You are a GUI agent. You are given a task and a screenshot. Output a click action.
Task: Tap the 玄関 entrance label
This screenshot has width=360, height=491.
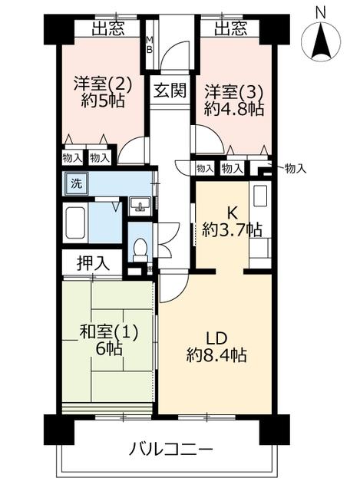[x=170, y=91]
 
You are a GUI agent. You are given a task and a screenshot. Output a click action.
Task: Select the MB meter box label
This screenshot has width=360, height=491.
[x=150, y=44]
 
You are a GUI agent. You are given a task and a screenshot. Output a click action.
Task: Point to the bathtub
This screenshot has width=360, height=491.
[x=75, y=222]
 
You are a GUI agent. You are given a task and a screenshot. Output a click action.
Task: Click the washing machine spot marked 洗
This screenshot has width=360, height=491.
[x=76, y=183]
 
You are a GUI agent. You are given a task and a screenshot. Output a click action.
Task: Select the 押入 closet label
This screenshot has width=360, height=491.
[x=94, y=262]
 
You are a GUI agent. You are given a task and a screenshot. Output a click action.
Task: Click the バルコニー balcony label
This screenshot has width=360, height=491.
[x=170, y=450]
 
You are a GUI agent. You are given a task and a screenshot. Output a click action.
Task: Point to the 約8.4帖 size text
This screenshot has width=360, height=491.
[x=216, y=355]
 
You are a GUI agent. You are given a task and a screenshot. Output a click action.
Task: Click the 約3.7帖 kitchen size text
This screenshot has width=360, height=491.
[x=232, y=230]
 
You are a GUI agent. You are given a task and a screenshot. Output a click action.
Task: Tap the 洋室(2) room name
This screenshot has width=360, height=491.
[x=103, y=84]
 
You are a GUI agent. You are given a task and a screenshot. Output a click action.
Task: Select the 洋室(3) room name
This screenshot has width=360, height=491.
[x=233, y=92]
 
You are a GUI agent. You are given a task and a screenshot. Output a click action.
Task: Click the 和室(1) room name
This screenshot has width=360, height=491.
[x=108, y=332]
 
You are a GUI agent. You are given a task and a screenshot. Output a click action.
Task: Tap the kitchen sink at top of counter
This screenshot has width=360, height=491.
[x=259, y=196]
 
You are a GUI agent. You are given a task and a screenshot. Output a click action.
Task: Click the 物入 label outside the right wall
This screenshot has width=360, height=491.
[x=295, y=169]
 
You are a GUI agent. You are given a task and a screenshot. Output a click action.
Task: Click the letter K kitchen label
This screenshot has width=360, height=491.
[x=232, y=213]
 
